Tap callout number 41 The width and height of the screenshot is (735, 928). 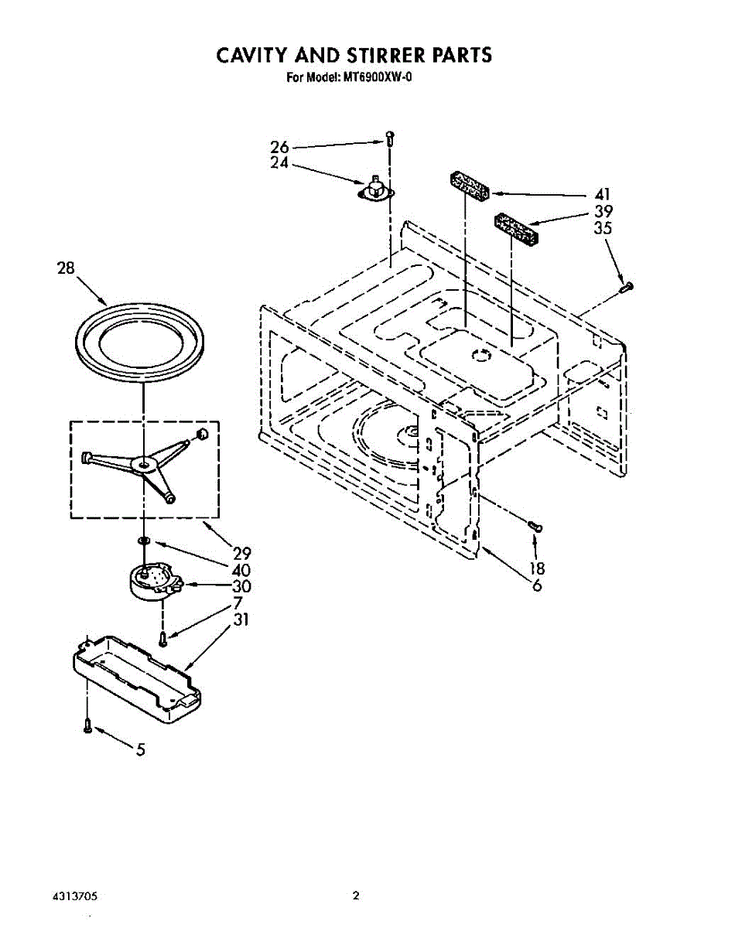pyautogui.click(x=603, y=194)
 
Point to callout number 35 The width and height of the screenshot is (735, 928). pyautogui.click(x=603, y=228)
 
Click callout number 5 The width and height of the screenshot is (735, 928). pyautogui.click(x=140, y=749)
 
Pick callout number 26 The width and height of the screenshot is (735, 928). pyautogui.click(x=279, y=147)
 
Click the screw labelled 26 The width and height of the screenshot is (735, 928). pyautogui.click(x=390, y=139)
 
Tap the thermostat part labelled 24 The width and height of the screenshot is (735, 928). pyautogui.click(x=377, y=189)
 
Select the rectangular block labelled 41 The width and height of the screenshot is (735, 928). pyautogui.click(x=468, y=188)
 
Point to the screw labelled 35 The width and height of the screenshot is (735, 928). pyautogui.click(x=626, y=288)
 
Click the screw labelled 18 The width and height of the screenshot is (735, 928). pyautogui.click(x=534, y=526)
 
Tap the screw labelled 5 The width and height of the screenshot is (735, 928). pyautogui.click(x=87, y=725)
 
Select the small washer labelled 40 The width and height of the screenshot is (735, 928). pyautogui.click(x=144, y=538)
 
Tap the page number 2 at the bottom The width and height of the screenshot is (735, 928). pyautogui.click(x=356, y=896)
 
